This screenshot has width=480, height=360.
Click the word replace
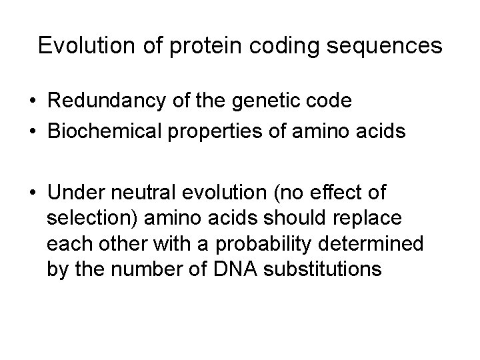click(x=381, y=219)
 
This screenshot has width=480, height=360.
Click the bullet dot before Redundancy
click(x=33, y=101)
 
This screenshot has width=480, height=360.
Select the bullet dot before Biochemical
click(x=33, y=131)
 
